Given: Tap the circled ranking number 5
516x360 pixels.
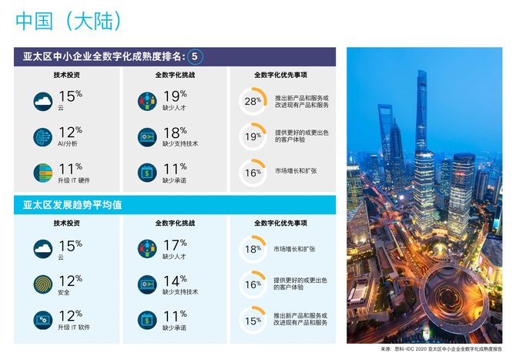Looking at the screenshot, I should tap(196, 56).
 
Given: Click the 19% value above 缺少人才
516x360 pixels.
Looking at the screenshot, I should tap(174, 96).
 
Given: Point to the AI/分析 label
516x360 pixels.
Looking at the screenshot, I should tap(68, 143).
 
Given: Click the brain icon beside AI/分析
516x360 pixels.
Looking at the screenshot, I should tap(44, 136).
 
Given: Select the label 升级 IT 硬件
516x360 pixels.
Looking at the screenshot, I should tap(75, 180).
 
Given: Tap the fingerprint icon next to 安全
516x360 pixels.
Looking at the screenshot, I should tap(44, 284).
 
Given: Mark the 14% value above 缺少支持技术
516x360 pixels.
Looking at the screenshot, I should tap(174, 280).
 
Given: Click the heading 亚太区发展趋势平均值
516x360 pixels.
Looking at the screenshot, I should tap(73, 205).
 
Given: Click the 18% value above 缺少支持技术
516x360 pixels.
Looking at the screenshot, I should tap(174, 132).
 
